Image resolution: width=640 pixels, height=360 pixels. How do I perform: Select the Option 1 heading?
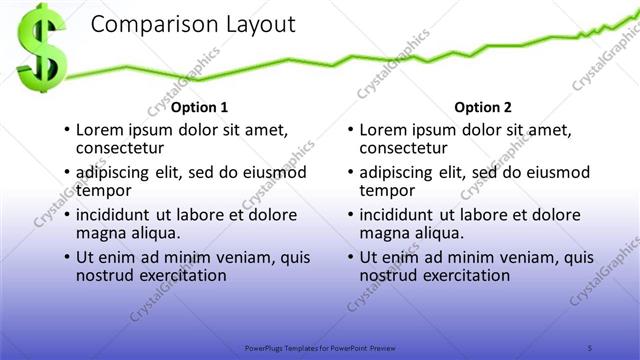pyautogui.click(x=200, y=107)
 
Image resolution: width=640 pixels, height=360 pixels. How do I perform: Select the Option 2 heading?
pyautogui.click(x=483, y=107)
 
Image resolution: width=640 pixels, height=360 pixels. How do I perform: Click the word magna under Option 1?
pyautogui.click(x=101, y=232)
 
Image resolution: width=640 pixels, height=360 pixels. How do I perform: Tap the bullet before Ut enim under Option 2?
pyautogui.click(x=349, y=257)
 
